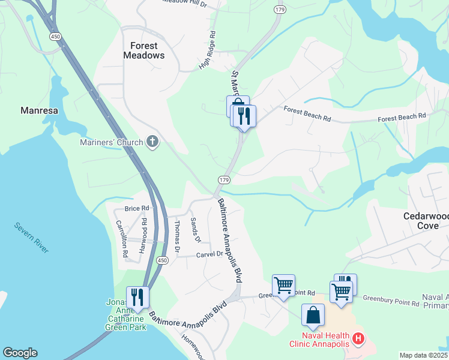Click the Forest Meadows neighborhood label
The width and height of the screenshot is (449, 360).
click(143, 50)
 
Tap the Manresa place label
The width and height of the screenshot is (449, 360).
click(39, 110)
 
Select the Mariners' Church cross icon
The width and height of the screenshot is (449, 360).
click(152, 142)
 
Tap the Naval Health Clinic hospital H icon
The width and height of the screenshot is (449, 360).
click(358, 339)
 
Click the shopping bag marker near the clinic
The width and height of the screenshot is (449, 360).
click(313, 315)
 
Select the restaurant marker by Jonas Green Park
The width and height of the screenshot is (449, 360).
click(137, 298)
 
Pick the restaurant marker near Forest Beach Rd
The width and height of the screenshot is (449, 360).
click(243, 115)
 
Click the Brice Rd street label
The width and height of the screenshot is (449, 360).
click(136, 209)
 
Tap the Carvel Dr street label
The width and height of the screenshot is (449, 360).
click(209, 254)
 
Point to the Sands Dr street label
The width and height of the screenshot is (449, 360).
click(194, 230)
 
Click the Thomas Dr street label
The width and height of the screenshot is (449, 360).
click(177, 236)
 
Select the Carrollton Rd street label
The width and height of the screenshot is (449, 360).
click(122, 238)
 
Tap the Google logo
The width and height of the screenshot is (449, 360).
click(20, 353)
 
